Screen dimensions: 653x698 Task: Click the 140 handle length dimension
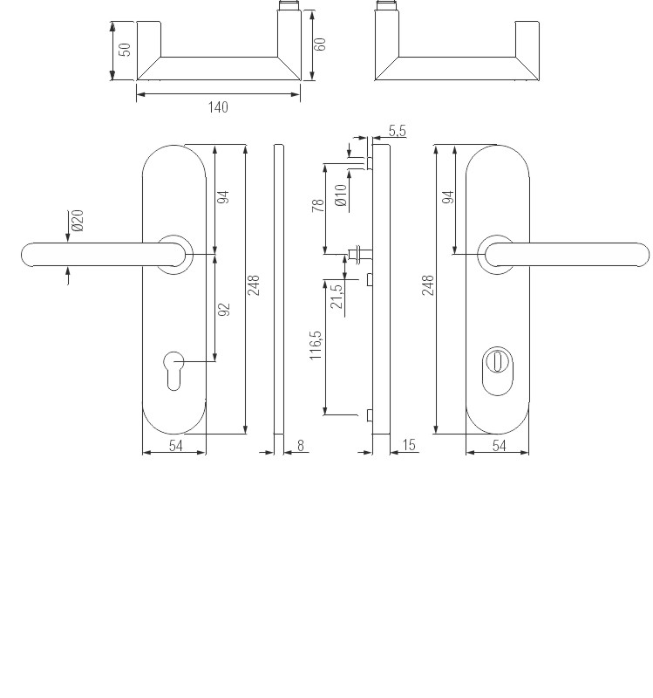(218, 107)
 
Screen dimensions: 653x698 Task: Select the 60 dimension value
(320, 44)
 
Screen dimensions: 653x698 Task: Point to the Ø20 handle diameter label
(78, 221)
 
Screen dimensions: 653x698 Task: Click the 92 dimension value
(224, 310)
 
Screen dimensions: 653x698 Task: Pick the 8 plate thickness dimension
(301, 445)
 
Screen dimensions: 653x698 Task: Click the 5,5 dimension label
(398, 131)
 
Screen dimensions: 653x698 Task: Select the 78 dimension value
(318, 206)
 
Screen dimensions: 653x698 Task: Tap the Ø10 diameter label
(341, 195)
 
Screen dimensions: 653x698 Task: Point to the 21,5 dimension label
(337, 296)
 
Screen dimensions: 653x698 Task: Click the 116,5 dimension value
(315, 345)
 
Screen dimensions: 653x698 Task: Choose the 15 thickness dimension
(408, 445)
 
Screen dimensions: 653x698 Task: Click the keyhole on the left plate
(173, 371)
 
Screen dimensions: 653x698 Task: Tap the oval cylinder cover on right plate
(497, 371)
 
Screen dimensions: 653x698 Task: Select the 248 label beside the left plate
(253, 285)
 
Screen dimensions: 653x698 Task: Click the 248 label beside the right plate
(427, 285)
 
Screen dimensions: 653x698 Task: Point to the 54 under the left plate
(176, 446)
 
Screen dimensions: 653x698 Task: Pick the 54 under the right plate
(499, 446)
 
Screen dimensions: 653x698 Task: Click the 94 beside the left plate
(223, 197)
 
